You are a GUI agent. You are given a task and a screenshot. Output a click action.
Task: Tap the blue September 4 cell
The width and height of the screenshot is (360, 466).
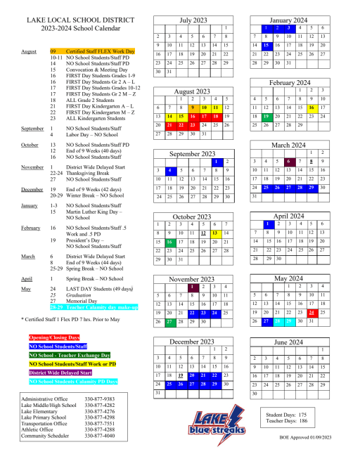(x=169, y=170)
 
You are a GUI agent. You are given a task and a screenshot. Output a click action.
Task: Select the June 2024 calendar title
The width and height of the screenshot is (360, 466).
(x=289, y=342)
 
